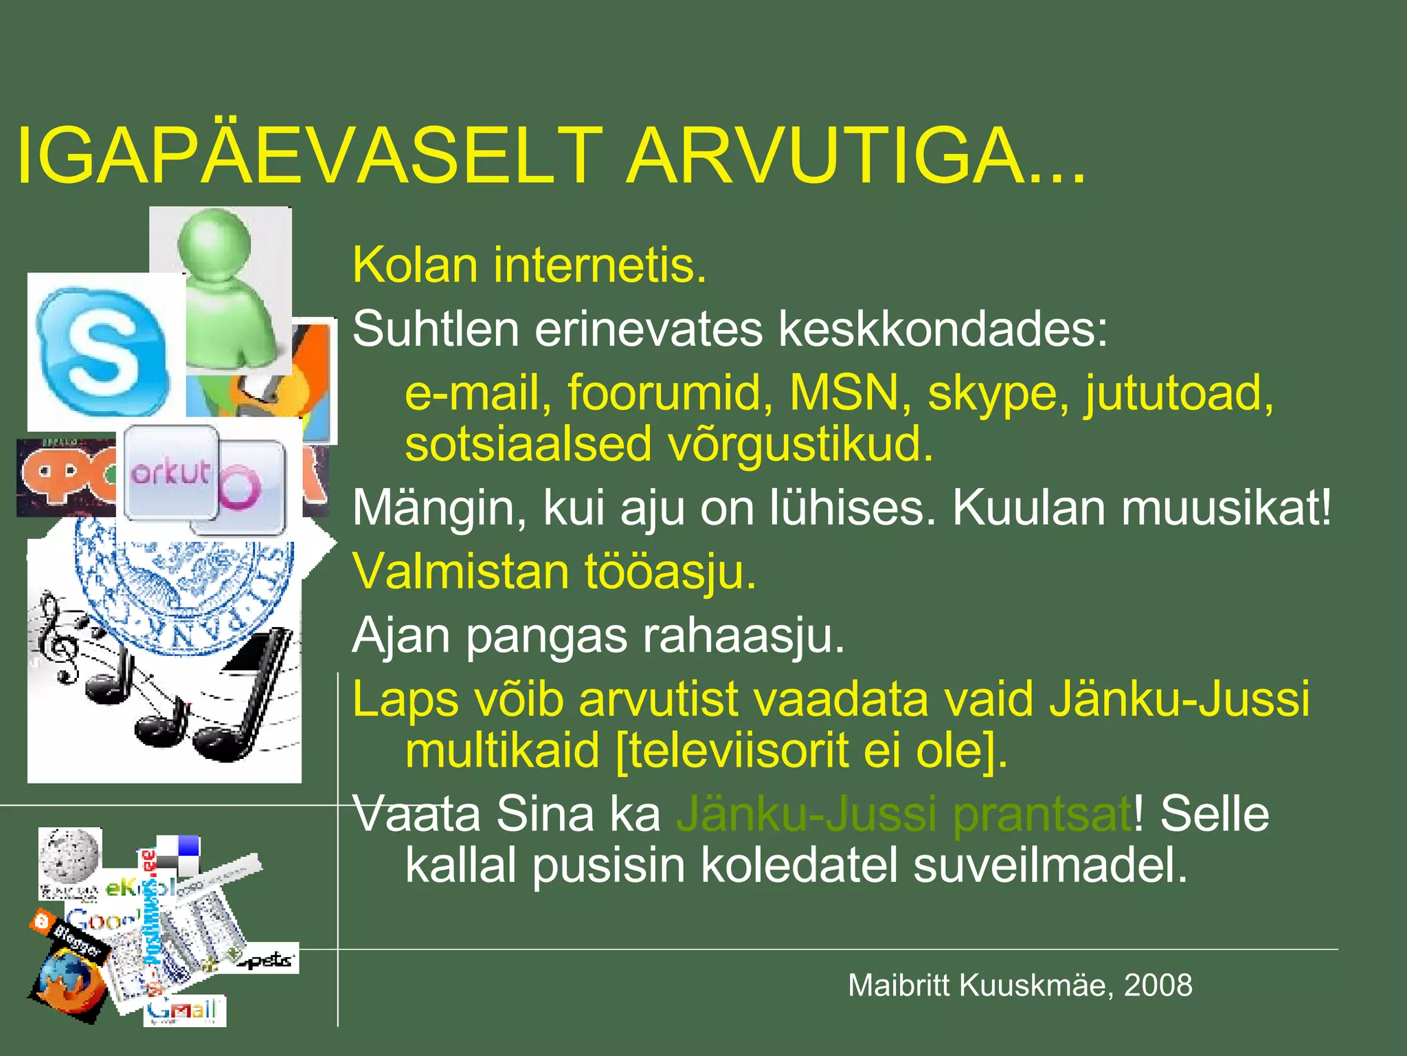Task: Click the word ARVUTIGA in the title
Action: click(x=855, y=156)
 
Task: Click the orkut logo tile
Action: click(x=170, y=473)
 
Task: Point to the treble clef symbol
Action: click(x=58, y=636)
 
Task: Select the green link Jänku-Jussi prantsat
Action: click(x=903, y=814)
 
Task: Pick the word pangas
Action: click(x=546, y=636)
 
